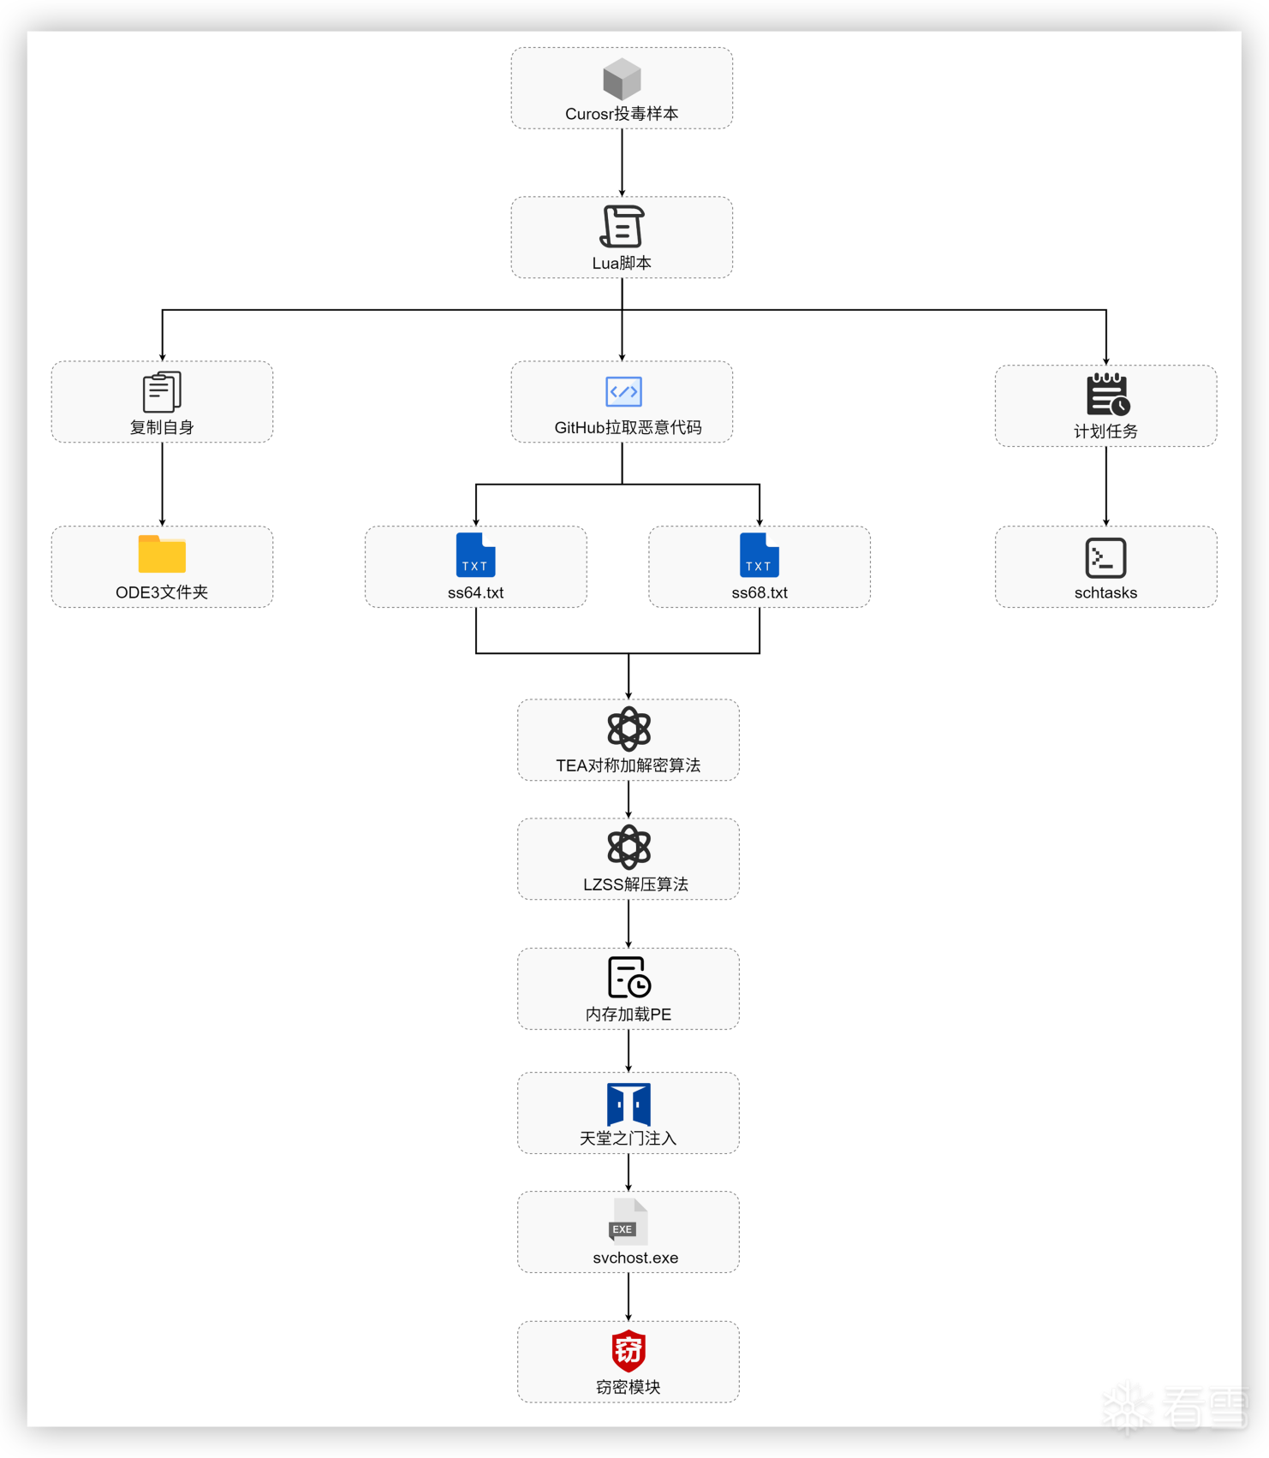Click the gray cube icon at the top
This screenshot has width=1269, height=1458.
click(622, 79)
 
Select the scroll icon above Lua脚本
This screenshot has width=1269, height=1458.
click(622, 227)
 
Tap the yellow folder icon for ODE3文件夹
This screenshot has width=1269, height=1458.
click(162, 554)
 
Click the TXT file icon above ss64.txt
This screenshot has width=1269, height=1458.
click(475, 555)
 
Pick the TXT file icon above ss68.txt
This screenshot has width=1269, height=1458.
click(760, 555)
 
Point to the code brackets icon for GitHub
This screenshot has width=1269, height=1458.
click(623, 391)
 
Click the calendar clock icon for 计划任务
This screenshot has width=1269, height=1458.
click(1108, 395)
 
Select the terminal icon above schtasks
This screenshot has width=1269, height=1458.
click(1105, 558)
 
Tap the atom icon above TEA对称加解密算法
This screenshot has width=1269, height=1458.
click(629, 729)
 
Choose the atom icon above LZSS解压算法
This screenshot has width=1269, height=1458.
click(629, 848)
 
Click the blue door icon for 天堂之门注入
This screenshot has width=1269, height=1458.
click(629, 1104)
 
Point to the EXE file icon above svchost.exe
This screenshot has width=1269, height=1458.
click(628, 1223)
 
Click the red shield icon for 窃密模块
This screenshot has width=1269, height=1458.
click(629, 1351)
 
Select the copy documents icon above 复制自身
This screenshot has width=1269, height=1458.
click(162, 392)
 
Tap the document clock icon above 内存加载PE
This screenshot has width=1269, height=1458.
click(629, 978)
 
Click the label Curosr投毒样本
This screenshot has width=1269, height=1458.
click(622, 114)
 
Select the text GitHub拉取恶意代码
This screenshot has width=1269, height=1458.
click(628, 427)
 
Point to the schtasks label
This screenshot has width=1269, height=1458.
click(1105, 592)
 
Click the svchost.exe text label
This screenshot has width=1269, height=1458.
click(635, 1258)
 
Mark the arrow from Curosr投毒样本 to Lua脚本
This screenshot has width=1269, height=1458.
click(622, 163)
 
